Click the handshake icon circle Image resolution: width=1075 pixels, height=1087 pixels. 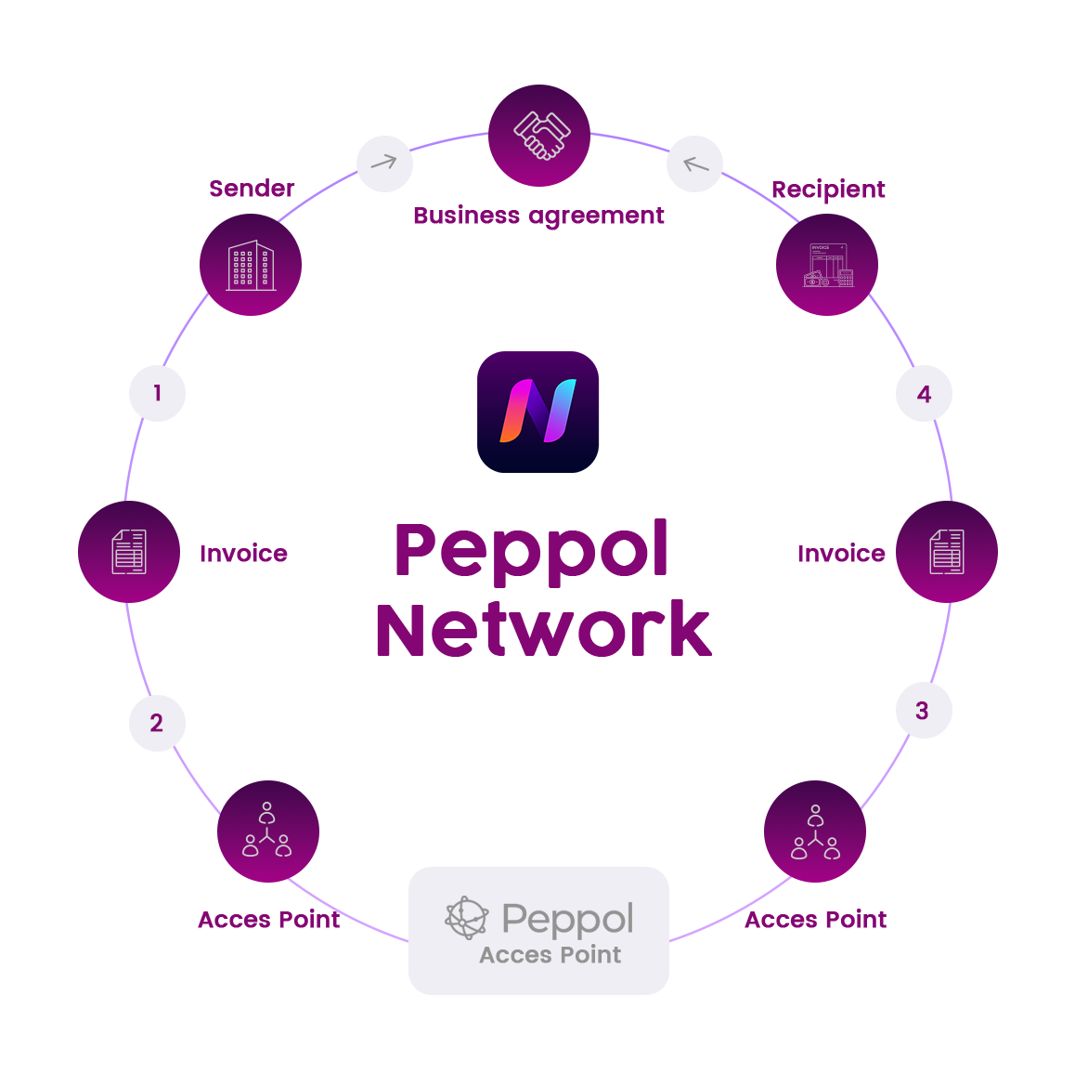point(539,136)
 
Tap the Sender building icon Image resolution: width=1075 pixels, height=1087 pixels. point(251,265)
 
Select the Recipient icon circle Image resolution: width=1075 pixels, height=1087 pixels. point(827,265)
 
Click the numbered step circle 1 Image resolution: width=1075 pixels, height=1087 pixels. point(158,393)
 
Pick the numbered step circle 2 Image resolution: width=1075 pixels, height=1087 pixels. point(157,723)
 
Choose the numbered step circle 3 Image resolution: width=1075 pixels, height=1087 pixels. point(923,711)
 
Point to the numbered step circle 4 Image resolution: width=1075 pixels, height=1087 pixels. point(924,394)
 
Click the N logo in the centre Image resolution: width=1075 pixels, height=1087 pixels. point(538,412)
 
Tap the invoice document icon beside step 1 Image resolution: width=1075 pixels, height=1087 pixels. point(129,552)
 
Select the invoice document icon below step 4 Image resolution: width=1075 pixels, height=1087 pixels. point(947,552)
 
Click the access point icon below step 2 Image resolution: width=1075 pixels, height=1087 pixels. point(268,832)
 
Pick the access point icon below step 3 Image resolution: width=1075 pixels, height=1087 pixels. point(815,832)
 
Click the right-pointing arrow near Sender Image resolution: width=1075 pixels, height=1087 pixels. point(384,164)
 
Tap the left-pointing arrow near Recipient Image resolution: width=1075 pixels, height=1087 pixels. point(694,164)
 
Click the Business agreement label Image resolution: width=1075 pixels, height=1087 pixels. point(538,216)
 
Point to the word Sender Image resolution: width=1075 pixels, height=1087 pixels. point(252,189)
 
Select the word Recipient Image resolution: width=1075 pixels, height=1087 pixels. point(828,190)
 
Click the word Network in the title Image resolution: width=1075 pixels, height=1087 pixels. point(543,630)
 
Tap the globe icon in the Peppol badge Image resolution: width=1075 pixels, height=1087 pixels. point(467,918)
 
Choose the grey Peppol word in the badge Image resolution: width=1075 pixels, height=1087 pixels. point(567,919)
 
